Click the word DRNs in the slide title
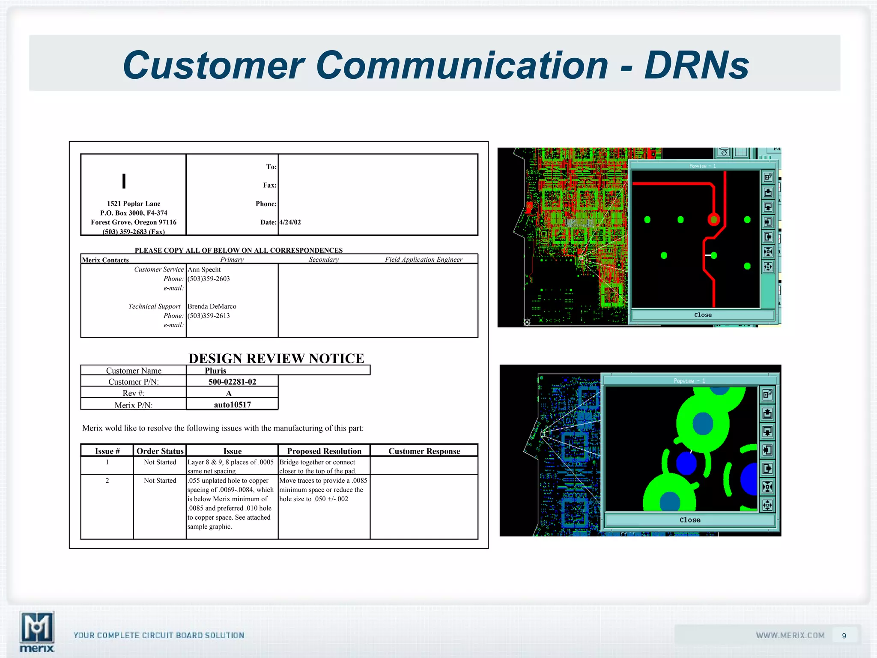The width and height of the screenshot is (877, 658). point(696,66)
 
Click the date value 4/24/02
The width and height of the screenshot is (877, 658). point(290,222)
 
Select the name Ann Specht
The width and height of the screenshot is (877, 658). point(204,269)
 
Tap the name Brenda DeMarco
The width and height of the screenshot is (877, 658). point(212,306)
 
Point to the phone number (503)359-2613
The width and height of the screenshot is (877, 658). point(209,316)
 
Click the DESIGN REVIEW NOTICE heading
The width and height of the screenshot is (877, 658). point(276,358)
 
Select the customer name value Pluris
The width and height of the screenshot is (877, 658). point(215,371)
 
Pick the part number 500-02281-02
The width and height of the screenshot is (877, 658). point(232,382)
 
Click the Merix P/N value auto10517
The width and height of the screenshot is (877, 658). point(232,404)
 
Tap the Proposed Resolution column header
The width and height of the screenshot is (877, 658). point(324,451)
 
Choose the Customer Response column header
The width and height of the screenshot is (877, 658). point(424,451)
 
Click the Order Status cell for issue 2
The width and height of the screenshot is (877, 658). point(160,481)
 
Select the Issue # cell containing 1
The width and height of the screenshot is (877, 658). point(107,462)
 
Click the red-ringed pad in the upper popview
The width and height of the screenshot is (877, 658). point(713,220)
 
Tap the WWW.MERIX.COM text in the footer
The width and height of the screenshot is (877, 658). point(790,635)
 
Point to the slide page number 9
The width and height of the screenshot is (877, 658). point(844,636)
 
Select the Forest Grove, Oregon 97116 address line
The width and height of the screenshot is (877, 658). point(134,222)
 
